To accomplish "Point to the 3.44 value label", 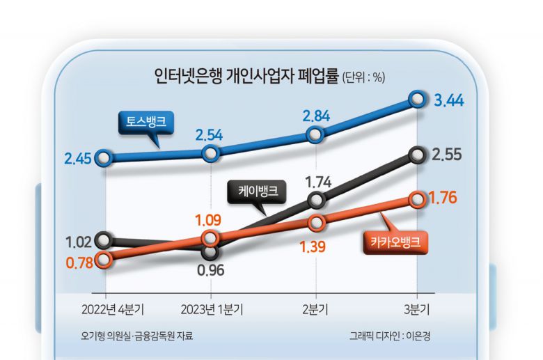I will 449,102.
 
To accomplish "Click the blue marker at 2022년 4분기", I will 104,158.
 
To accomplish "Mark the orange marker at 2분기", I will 316,223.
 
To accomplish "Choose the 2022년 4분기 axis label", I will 104,308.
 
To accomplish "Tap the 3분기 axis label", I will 417,308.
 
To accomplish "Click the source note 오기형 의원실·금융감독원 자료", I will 136,336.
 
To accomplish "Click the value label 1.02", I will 78,243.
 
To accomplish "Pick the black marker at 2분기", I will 316,201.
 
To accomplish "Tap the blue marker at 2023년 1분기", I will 210,153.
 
